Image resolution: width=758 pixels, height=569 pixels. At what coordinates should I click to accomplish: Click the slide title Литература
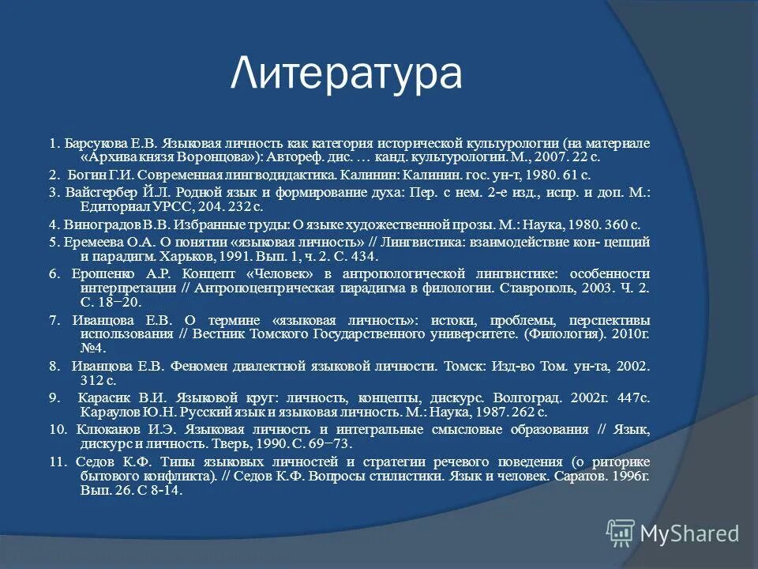pyautogui.click(x=347, y=75)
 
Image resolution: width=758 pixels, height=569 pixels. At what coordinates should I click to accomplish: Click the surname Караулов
pyautogui.click(x=108, y=412)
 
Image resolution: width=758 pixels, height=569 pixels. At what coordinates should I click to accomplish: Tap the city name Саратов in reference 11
pyautogui.click(x=597, y=477)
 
